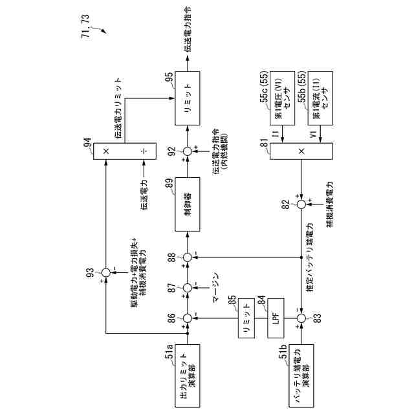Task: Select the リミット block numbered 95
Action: [x=188, y=98]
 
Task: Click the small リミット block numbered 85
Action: [x=246, y=318]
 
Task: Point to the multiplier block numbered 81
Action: [x=301, y=150]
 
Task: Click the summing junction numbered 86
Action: [x=188, y=318]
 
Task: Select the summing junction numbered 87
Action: [x=188, y=287]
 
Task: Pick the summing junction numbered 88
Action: [x=188, y=257]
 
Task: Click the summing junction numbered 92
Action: [x=188, y=151]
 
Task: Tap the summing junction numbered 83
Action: [x=301, y=318]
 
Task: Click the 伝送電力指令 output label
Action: [x=188, y=29]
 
